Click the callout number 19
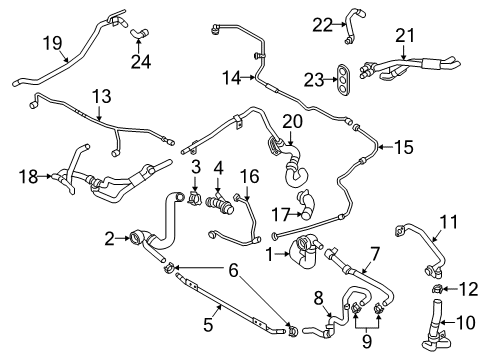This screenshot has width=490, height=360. pyautogui.click(x=53, y=43)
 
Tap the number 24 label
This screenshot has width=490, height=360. pyautogui.click(x=141, y=62)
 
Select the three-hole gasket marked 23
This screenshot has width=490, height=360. pyautogui.click(x=343, y=80)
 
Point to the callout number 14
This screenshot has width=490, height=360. pyautogui.click(x=232, y=78)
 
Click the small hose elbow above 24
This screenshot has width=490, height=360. pyautogui.click(x=139, y=33)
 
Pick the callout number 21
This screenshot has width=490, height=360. pyautogui.click(x=405, y=36)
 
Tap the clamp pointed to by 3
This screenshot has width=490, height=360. pyautogui.click(x=195, y=198)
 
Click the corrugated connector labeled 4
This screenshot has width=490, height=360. pyautogui.click(x=220, y=206)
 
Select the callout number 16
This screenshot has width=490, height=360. pyautogui.click(x=250, y=176)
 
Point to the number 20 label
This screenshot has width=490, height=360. pyautogui.click(x=293, y=121)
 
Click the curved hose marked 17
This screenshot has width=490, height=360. pyautogui.click(x=307, y=206)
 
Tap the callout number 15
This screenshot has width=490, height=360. pyautogui.click(x=404, y=147)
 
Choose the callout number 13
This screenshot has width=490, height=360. pyautogui.click(x=101, y=96)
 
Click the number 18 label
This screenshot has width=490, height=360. pyautogui.click(x=28, y=176)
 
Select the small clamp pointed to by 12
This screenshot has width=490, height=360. pyautogui.click(x=437, y=289)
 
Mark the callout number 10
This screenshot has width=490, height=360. pyautogui.click(x=466, y=322)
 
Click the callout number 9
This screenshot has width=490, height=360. pyautogui.click(x=367, y=341)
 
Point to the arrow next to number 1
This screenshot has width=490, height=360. pyautogui.click(x=282, y=255)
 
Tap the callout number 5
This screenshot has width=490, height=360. pyautogui.click(x=208, y=324)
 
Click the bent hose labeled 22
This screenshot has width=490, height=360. pyautogui.click(x=350, y=27)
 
